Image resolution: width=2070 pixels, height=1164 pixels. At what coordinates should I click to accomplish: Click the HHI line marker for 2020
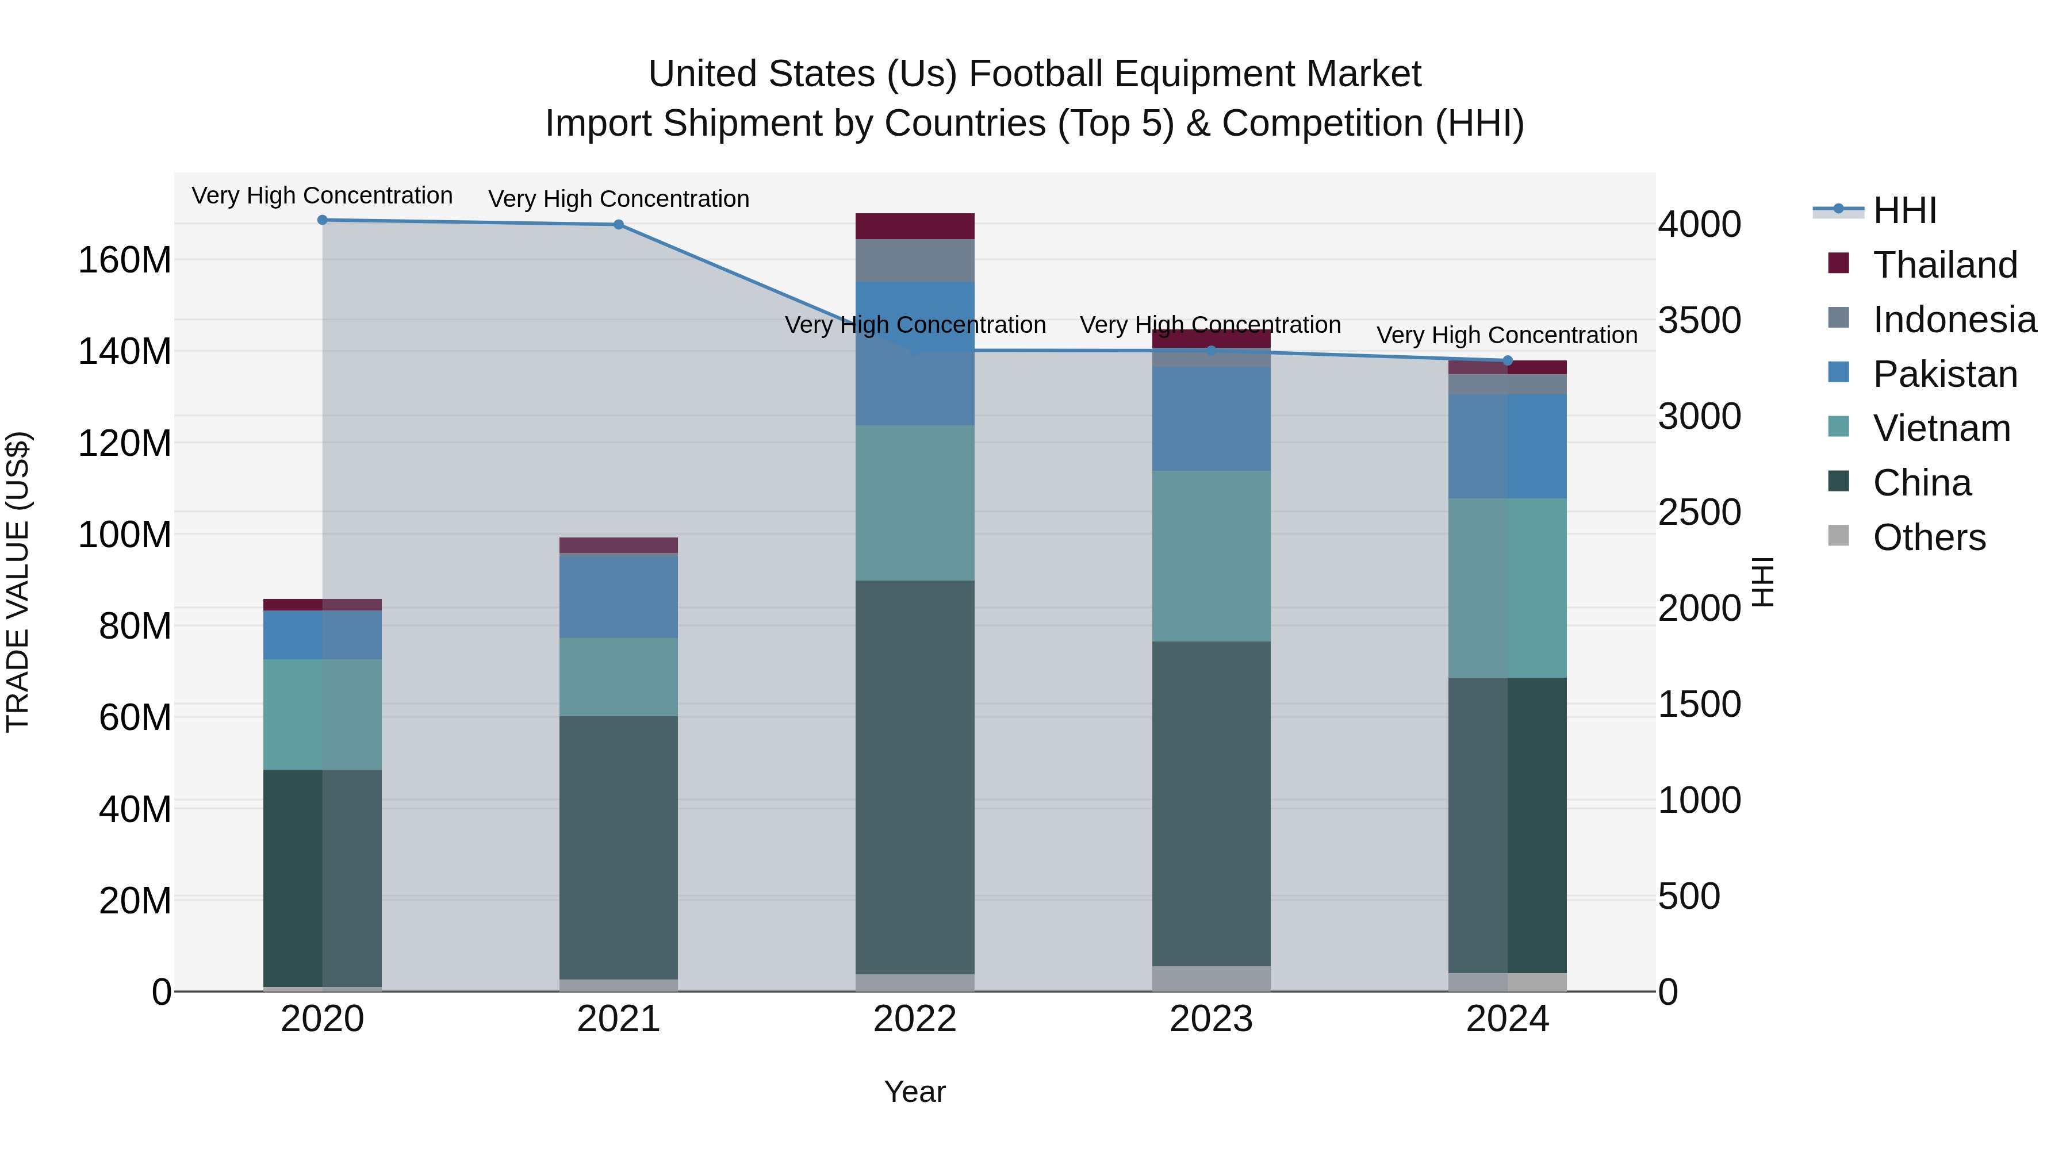[322, 220]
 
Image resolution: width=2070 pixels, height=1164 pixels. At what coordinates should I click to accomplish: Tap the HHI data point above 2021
[619, 224]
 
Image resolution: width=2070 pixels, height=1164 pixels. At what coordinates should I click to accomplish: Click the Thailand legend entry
[1945, 265]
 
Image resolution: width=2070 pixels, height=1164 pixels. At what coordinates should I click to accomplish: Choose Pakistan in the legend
[1945, 374]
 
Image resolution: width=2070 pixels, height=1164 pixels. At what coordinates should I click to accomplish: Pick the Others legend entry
[1929, 537]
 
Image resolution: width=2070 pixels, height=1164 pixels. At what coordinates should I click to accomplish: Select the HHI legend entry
[1904, 210]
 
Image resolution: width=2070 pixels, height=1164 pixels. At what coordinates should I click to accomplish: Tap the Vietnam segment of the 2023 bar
[1211, 556]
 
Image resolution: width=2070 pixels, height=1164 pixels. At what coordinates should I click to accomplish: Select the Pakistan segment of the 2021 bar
[619, 596]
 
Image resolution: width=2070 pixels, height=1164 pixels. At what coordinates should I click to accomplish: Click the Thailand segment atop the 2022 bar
[914, 226]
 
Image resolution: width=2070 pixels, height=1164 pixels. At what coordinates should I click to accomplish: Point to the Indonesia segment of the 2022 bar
[914, 260]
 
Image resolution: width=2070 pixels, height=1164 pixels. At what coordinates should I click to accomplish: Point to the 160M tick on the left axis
[125, 260]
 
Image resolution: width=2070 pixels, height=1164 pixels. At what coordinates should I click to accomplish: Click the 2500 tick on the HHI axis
[1699, 513]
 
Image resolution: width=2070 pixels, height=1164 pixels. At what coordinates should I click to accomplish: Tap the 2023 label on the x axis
[1211, 1019]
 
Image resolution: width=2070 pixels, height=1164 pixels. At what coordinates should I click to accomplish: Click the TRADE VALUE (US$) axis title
[18, 582]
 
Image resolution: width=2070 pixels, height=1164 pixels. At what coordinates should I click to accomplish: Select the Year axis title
[914, 1092]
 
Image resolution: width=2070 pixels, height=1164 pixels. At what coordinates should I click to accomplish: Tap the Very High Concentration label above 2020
[322, 195]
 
